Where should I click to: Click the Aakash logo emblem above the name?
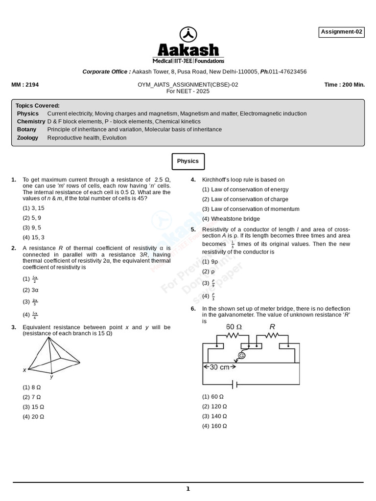(188, 34)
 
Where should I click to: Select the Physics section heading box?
(188, 161)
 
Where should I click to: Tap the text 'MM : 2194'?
(25, 85)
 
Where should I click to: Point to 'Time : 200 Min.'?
(344, 85)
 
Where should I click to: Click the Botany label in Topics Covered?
(26, 130)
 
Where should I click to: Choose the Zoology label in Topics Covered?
(27, 138)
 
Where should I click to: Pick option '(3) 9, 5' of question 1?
(32, 228)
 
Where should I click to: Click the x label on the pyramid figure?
(24, 370)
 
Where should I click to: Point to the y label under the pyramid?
(51, 377)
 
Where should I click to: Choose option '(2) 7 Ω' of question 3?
(32, 397)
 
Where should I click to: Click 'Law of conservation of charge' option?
(245, 199)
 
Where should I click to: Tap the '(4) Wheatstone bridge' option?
(231, 219)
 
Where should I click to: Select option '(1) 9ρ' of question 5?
(210, 262)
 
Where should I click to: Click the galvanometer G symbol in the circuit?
(241, 355)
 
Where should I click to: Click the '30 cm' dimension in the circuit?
(219, 367)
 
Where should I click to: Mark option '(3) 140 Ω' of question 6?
(214, 416)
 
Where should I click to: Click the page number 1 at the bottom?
(188, 489)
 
